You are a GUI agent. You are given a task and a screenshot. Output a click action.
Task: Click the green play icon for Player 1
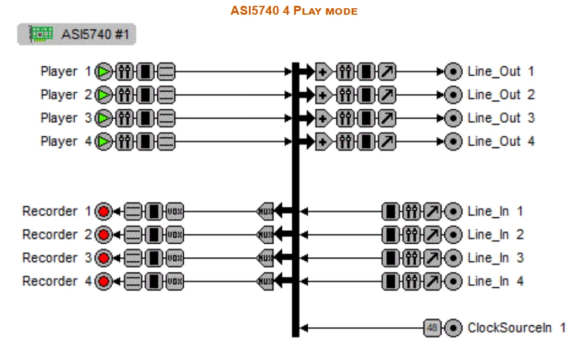click(105, 72)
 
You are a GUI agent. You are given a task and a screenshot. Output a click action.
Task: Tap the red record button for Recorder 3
click(105, 258)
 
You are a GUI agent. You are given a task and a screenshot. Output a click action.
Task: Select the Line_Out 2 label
click(501, 95)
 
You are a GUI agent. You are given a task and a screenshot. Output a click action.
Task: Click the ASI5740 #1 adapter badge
click(77, 35)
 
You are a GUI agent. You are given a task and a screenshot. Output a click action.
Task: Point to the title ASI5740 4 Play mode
click(294, 11)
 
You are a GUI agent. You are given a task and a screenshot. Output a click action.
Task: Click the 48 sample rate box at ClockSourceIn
click(432, 328)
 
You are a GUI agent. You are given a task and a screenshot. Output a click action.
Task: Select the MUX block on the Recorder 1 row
click(265, 211)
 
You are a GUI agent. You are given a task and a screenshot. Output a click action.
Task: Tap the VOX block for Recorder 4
click(174, 281)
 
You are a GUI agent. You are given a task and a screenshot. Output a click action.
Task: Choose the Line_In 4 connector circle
click(453, 281)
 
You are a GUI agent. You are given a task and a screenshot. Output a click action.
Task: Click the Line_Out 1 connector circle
click(453, 72)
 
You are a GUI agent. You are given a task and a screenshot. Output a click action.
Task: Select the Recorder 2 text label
click(57, 234)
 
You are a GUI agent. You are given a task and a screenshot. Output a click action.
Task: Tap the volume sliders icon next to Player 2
click(124, 95)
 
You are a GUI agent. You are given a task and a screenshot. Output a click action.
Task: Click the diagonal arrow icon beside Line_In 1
click(433, 211)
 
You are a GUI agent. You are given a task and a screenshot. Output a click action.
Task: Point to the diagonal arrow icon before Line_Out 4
click(387, 142)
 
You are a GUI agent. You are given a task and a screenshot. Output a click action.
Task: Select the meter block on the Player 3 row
click(145, 118)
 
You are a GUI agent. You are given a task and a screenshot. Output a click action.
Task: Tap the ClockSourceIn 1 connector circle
click(453, 328)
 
